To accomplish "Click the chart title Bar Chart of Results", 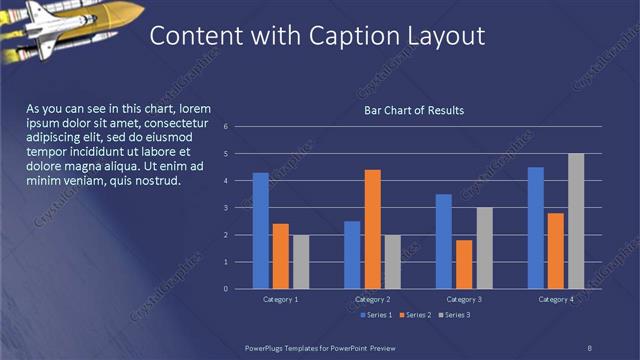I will pyautogui.click(x=413, y=110).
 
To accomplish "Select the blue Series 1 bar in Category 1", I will pyautogui.click(x=260, y=231).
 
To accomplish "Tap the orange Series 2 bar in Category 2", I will pyautogui.click(x=372, y=229).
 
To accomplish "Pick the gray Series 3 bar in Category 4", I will pyautogui.click(x=576, y=221).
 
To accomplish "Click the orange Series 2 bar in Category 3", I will pyautogui.click(x=464, y=264).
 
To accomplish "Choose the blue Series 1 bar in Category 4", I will pyautogui.click(x=535, y=228).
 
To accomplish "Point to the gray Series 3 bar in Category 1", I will pyautogui.click(x=301, y=262).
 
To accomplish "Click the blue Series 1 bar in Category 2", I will pyautogui.click(x=352, y=255).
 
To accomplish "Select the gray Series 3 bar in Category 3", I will pyautogui.click(x=484, y=248).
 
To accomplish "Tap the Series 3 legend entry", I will pyautogui.click(x=455, y=315).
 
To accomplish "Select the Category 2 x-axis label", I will pyautogui.click(x=372, y=299).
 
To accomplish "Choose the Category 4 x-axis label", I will pyautogui.click(x=555, y=299).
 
